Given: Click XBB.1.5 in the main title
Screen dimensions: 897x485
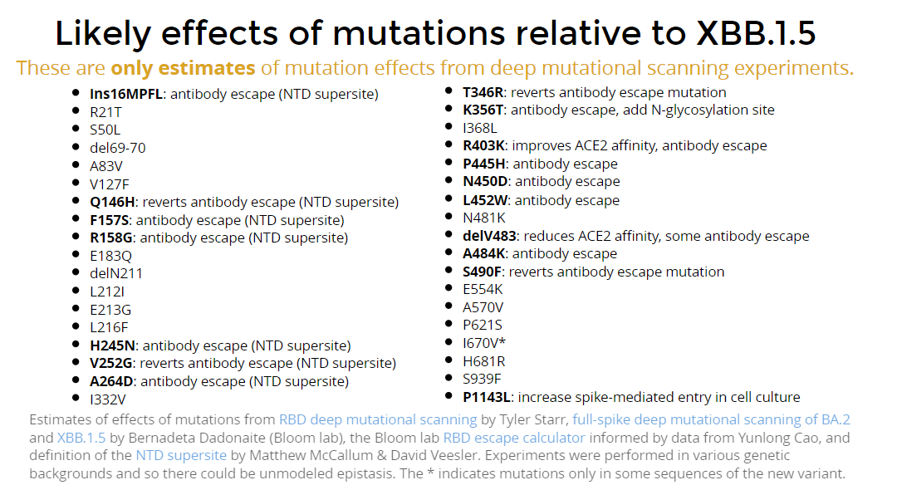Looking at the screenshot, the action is pyautogui.click(x=756, y=32).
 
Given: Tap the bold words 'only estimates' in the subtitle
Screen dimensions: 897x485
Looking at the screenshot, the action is pyautogui.click(x=183, y=68).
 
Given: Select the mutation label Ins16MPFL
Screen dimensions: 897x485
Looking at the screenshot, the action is pyautogui.click(x=126, y=94).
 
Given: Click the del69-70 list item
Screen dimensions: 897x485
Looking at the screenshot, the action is pyautogui.click(x=118, y=148).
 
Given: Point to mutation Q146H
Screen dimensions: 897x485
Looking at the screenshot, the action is pyautogui.click(x=113, y=202).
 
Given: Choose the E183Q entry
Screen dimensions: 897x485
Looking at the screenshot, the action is pyautogui.click(x=110, y=256).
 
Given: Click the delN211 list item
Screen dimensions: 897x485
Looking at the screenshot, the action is pyautogui.click(x=116, y=273).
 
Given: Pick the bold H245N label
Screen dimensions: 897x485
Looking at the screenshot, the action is pyautogui.click(x=113, y=345).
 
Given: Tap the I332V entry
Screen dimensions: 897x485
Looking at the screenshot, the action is pyautogui.click(x=107, y=399).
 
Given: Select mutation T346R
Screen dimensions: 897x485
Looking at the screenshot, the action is pyautogui.click(x=483, y=92).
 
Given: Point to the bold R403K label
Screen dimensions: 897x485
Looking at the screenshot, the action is pyautogui.click(x=484, y=146).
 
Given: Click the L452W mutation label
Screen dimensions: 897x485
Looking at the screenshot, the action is pyautogui.click(x=485, y=200).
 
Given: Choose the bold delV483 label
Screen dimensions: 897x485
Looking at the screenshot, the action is pyautogui.click(x=490, y=236).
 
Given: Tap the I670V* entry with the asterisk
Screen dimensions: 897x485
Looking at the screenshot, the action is pyautogui.click(x=484, y=343).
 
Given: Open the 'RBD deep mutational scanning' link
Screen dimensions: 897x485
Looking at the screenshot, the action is pyautogui.click(x=378, y=419).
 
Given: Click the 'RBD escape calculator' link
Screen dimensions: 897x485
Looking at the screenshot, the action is pyautogui.click(x=514, y=438).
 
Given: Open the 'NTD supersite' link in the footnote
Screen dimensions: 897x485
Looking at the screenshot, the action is pyautogui.click(x=181, y=456).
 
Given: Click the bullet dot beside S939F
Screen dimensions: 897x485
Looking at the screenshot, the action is pyautogui.click(x=449, y=378).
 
